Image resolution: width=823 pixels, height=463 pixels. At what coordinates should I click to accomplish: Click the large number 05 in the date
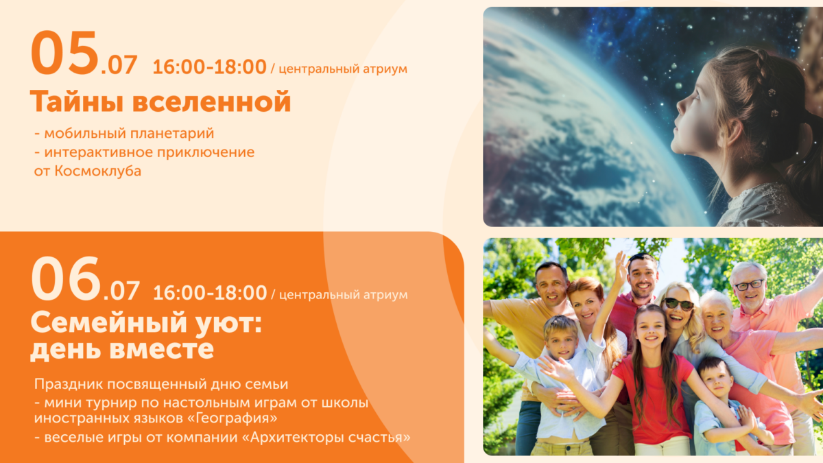pos(65,53)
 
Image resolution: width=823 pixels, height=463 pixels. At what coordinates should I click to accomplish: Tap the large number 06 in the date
pos(66,278)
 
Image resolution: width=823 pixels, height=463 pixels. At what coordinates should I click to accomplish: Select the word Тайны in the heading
pos(76,102)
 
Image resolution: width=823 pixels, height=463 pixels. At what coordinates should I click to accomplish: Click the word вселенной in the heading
pos(212,102)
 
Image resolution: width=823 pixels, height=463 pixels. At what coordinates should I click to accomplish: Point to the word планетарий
pos(172,134)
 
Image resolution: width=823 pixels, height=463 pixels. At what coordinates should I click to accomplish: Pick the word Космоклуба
pos(98,171)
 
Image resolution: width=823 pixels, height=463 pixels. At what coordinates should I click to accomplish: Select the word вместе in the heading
pos(162,348)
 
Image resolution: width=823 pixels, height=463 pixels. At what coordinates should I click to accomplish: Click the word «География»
pos(235,418)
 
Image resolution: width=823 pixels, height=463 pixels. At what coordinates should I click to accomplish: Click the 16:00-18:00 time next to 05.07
pos(209,67)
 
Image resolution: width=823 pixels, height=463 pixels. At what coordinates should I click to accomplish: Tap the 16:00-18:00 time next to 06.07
pos(210,293)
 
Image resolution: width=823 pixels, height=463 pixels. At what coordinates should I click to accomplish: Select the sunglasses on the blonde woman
pos(679,304)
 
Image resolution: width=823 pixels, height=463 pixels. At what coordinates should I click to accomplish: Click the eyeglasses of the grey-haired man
pos(750,285)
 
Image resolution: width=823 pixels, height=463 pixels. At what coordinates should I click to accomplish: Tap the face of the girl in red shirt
pos(650,331)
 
